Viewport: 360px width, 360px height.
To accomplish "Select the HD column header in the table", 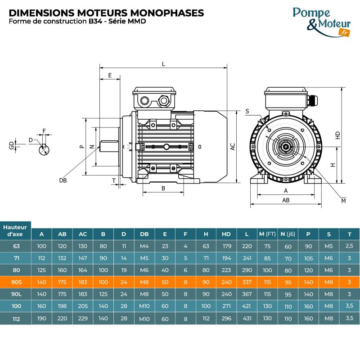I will tap(226, 234).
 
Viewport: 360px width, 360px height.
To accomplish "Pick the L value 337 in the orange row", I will tap(247, 282).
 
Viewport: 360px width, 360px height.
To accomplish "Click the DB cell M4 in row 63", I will tap(144, 246).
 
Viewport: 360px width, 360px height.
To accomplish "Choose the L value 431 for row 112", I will tap(247, 318).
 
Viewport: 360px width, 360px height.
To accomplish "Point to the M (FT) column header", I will tap(267, 234).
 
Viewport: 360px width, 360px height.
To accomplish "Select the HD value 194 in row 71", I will tap(226, 258).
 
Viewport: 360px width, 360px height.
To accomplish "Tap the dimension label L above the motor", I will tap(163, 64).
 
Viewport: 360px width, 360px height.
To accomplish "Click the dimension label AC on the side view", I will tap(233, 147).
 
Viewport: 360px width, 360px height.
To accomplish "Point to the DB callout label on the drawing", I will tap(63, 180).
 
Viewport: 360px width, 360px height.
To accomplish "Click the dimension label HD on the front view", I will tap(337, 135).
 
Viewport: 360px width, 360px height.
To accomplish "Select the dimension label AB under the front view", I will tap(285, 200).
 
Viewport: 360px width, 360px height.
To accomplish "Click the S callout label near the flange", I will tap(247, 111).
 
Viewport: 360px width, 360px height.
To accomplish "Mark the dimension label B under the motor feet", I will tap(163, 188).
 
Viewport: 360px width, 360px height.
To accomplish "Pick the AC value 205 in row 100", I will tap(83, 306).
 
